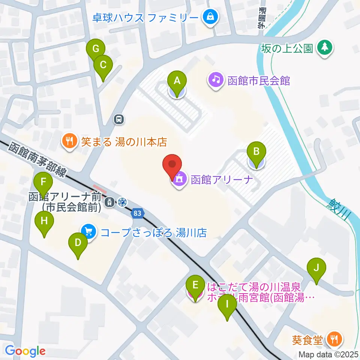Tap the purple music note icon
tap(216, 80)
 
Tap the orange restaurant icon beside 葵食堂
tap(332, 339)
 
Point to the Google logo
tap(25, 351)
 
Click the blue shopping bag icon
tap(208, 17)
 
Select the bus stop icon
tap(119, 120)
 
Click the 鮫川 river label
tap(340, 211)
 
